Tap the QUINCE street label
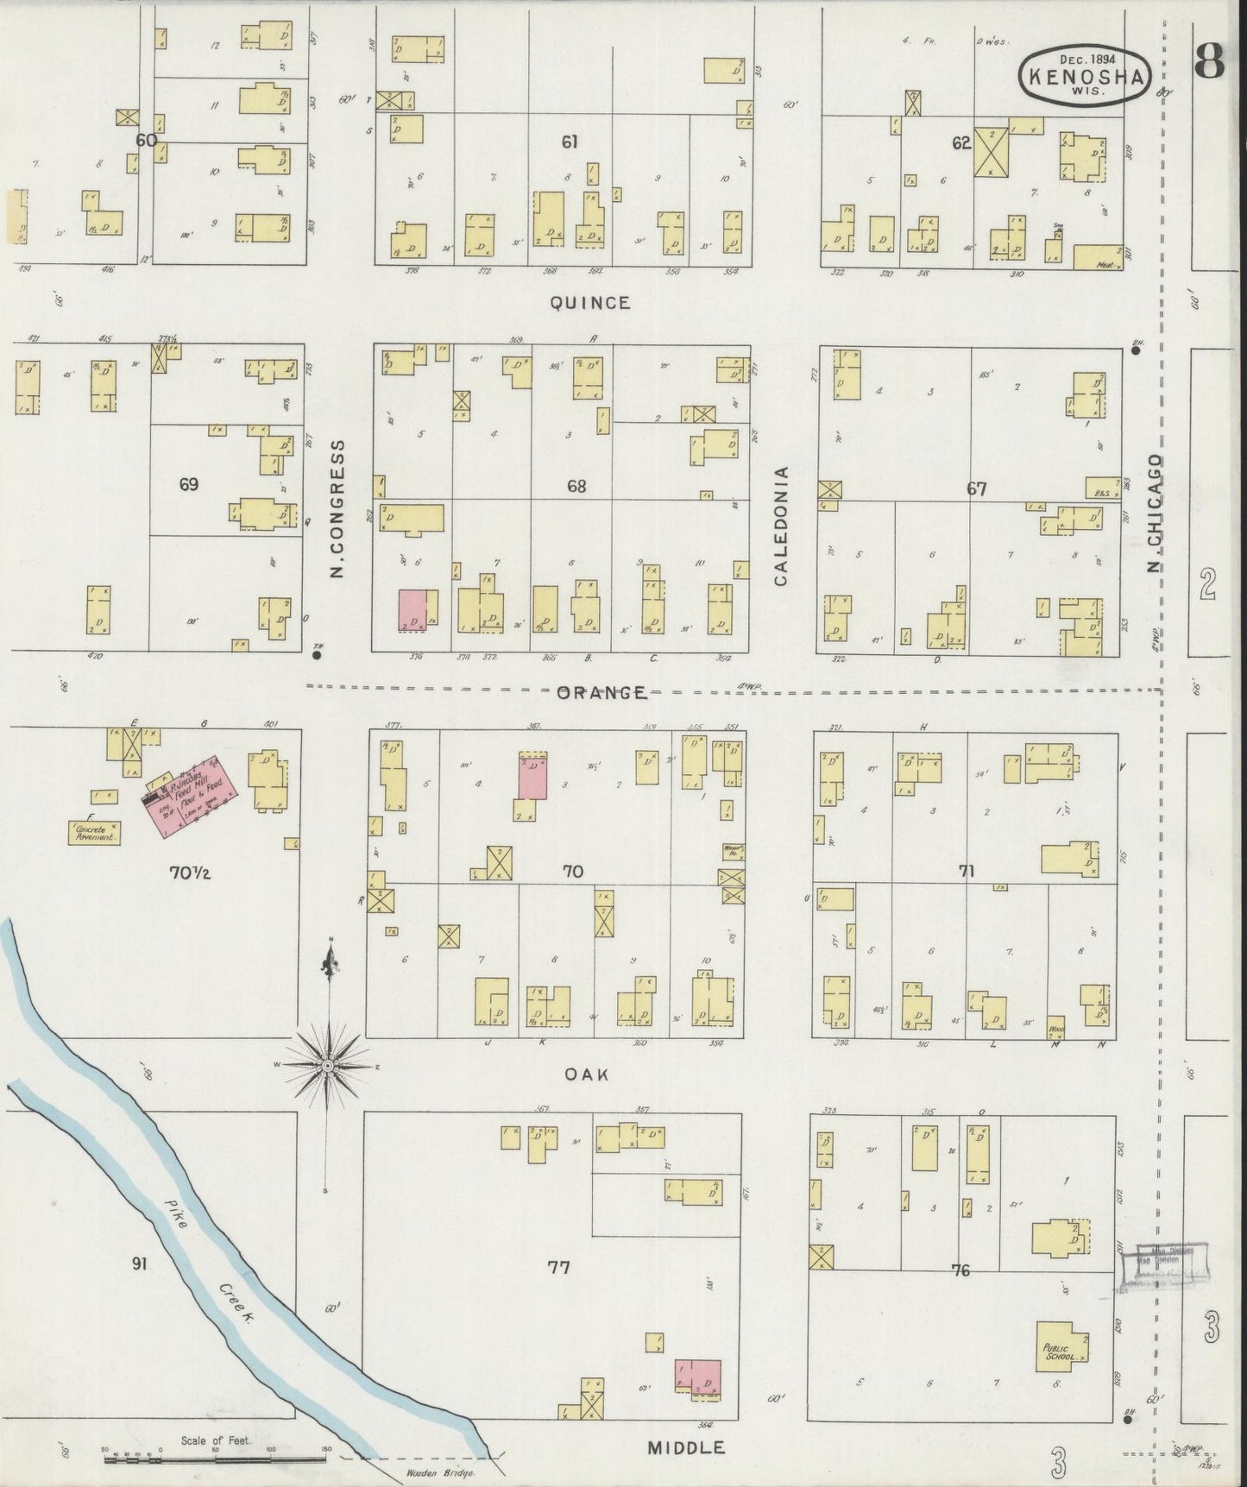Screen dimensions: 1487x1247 (591, 303)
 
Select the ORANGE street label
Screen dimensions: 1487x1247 (601, 692)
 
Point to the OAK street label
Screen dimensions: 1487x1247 (587, 1074)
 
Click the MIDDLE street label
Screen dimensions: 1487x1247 (686, 1447)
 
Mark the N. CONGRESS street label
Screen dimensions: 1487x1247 (337, 509)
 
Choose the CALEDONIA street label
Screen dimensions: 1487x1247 (781, 526)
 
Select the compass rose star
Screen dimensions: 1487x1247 (328, 1068)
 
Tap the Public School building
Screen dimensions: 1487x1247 (1061, 1348)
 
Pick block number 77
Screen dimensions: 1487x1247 (558, 1267)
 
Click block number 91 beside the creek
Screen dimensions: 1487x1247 (139, 1264)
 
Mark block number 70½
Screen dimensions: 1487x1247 (190, 873)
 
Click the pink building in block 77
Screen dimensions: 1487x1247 (697, 1377)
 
